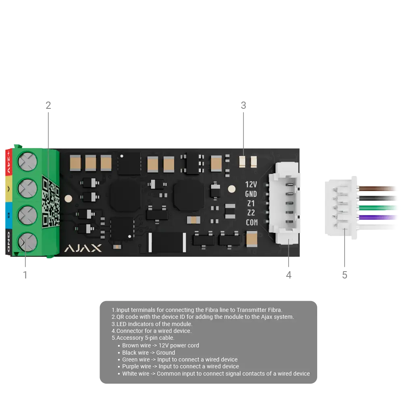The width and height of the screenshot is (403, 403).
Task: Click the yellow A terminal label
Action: (8, 188)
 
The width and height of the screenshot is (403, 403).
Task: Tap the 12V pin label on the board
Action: (251, 185)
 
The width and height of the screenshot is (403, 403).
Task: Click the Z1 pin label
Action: (251, 204)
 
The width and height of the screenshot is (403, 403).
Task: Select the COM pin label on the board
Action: (251, 222)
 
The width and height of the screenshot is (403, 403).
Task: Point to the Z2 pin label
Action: (251, 213)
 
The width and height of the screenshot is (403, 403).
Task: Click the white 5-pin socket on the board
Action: (285, 204)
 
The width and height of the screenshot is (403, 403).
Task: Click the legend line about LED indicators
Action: (152, 324)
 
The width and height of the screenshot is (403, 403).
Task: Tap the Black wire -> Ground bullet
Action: (148, 353)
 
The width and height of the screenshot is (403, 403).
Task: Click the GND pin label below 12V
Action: (251, 194)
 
